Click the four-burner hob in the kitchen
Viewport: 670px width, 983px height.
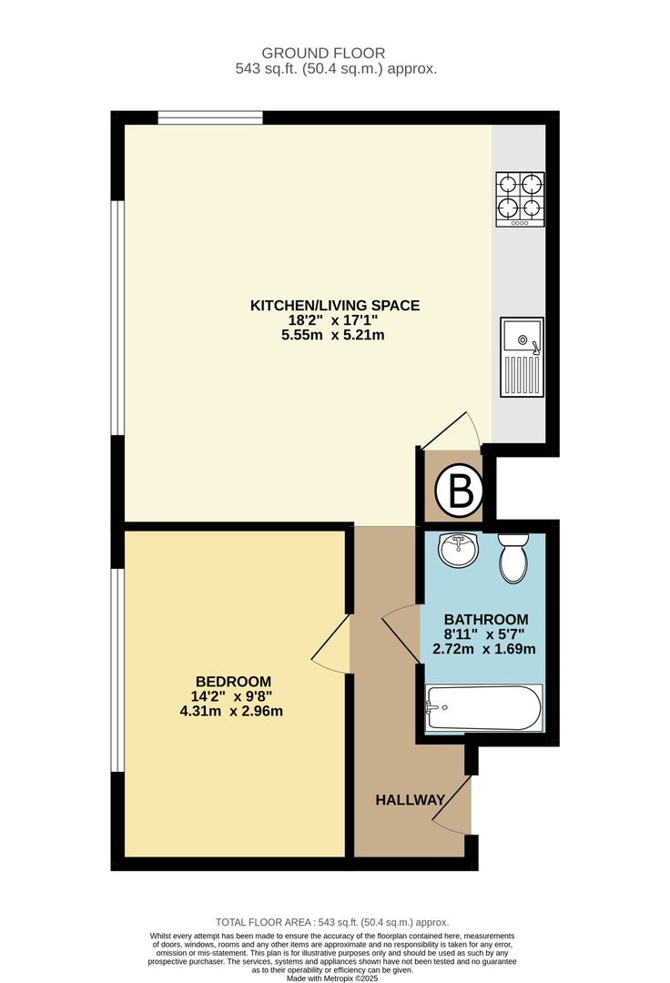tap(520, 199)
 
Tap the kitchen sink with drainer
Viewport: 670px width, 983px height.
tap(522, 357)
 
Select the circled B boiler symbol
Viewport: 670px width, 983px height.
tap(461, 491)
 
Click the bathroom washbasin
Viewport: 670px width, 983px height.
tap(458, 550)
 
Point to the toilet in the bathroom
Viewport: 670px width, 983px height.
tap(514, 558)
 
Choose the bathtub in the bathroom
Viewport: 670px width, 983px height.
tap(484, 708)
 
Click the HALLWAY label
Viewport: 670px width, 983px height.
tap(410, 800)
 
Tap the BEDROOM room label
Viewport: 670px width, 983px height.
tap(233, 682)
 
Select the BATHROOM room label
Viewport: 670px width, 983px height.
tap(486, 620)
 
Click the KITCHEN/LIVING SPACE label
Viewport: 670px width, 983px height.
tap(335, 305)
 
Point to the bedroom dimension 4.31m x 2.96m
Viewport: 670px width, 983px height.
tap(231, 712)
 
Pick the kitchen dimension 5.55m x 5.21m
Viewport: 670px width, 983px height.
tap(333, 335)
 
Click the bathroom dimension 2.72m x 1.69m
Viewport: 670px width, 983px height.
tap(484, 650)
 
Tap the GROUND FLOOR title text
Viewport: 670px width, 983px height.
tap(323, 54)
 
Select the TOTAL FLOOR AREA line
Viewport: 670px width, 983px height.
tap(332, 922)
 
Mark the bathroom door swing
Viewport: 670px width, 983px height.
tap(401, 633)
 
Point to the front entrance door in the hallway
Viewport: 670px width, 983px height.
tap(452, 805)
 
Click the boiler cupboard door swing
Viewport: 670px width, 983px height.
tap(451, 431)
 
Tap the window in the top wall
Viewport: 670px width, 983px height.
tap(210, 117)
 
